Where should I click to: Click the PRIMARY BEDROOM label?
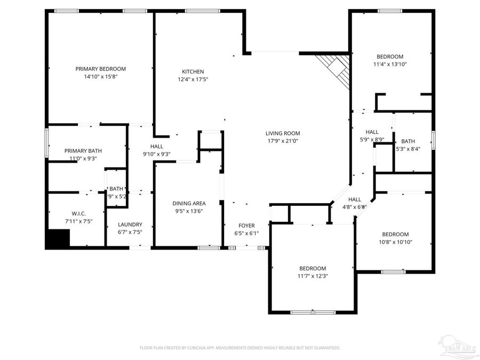[x=100, y=69]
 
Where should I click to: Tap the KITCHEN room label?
[x=193, y=71]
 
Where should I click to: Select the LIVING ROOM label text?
[x=283, y=133]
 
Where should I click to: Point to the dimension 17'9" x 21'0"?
[x=283, y=141]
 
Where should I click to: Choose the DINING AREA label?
[x=189, y=203]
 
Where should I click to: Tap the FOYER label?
[x=246, y=226]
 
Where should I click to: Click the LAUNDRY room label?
[x=130, y=225]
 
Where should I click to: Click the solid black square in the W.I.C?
[x=58, y=238]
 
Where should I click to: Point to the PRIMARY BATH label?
[x=83, y=151]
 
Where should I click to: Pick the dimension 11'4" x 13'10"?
[x=390, y=65]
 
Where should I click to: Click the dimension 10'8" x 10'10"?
[x=395, y=242]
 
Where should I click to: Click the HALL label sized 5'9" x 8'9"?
[x=372, y=132]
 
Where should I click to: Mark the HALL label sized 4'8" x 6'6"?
[x=355, y=199]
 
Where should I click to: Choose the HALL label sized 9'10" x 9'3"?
[x=156, y=146]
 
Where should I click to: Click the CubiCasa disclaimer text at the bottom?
[x=239, y=348]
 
